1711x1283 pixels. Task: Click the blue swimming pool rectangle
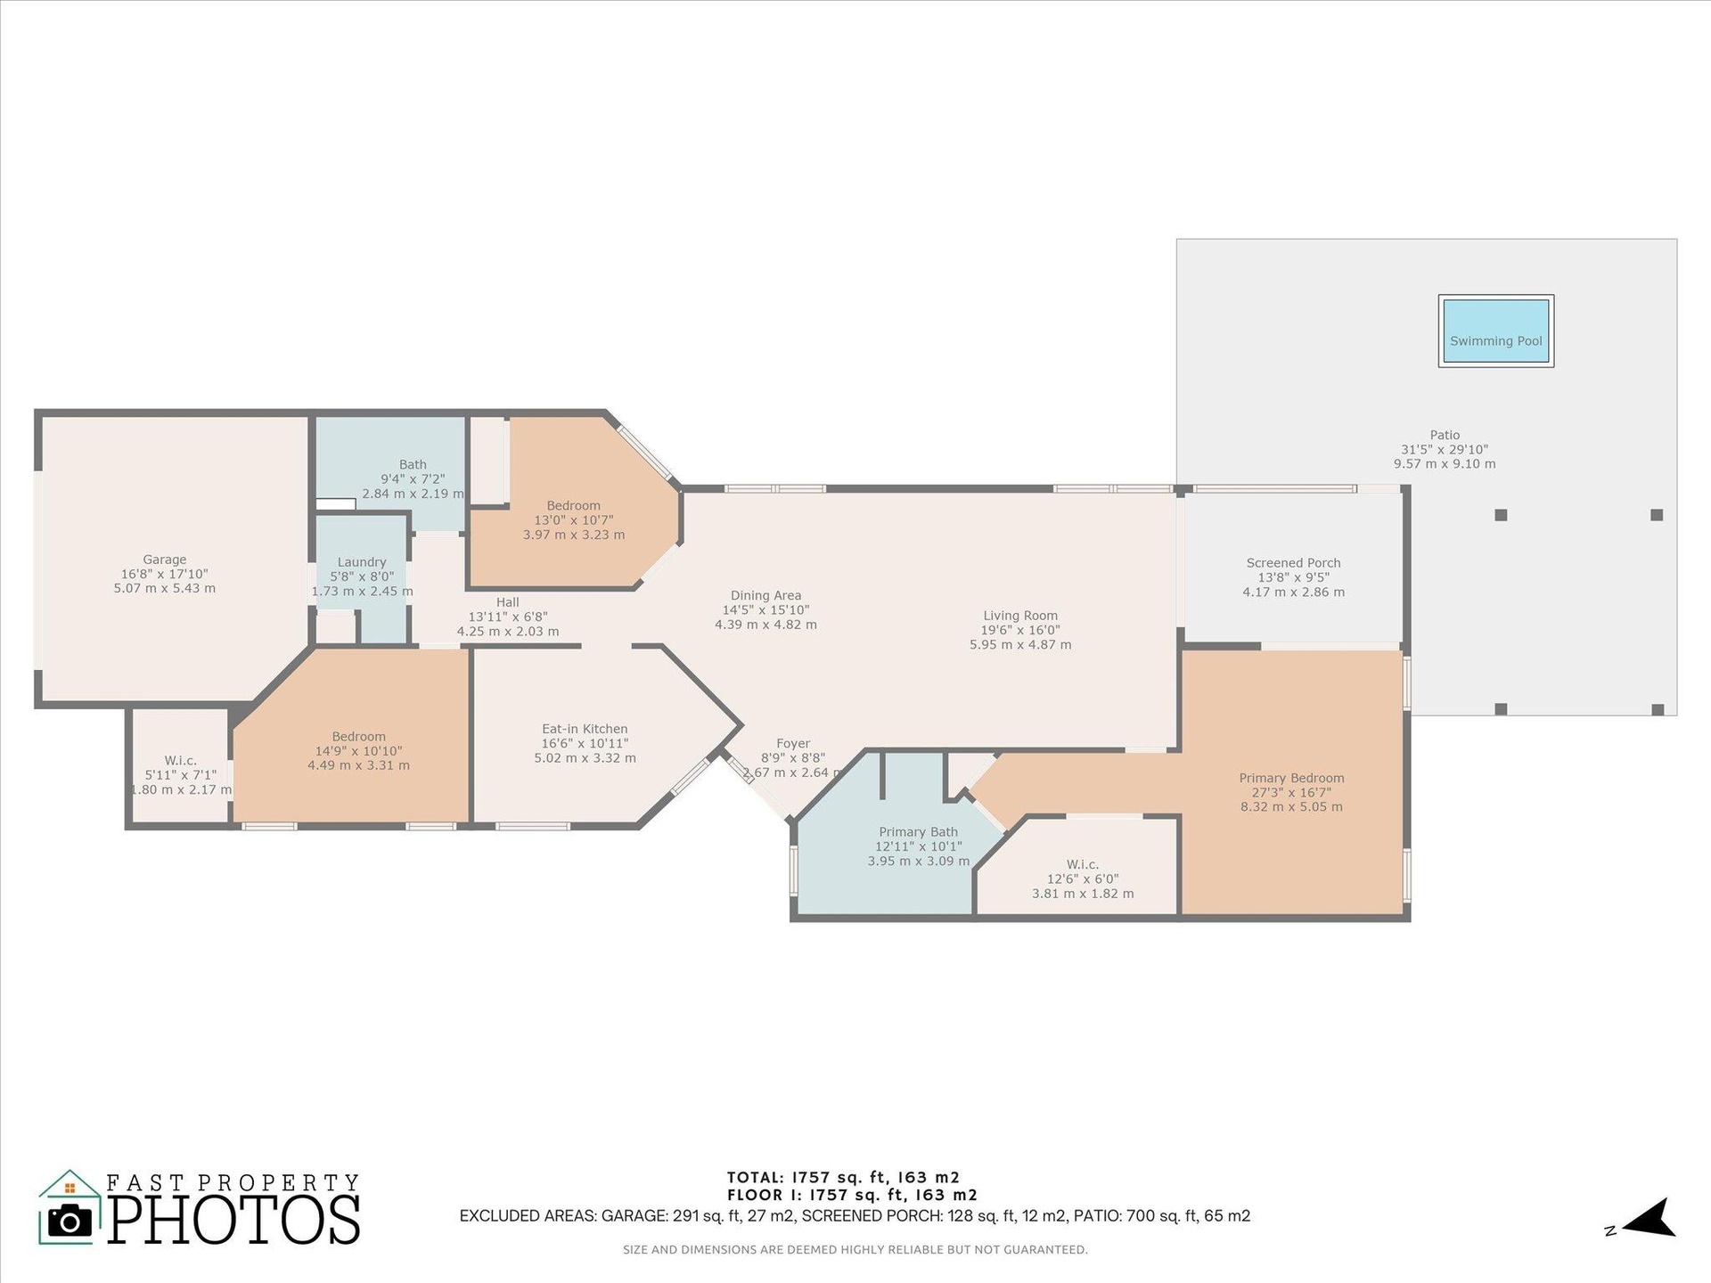pyautogui.click(x=1495, y=331)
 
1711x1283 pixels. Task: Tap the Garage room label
pyautogui.click(x=165, y=560)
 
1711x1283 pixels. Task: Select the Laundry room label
pyautogui.click(x=362, y=562)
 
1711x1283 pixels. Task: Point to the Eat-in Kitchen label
pyautogui.click(x=585, y=729)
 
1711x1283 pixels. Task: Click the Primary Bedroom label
pyautogui.click(x=1291, y=778)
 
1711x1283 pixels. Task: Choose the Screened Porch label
pyautogui.click(x=1293, y=562)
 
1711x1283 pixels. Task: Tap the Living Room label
pyautogui.click(x=1020, y=615)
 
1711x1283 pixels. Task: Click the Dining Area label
pyautogui.click(x=765, y=595)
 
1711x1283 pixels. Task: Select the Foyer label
pyautogui.click(x=793, y=743)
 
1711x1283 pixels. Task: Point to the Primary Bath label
pyautogui.click(x=918, y=832)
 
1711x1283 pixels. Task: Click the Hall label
pyautogui.click(x=507, y=602)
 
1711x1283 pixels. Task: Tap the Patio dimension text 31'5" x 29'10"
pyautogui.click(x=1445, y=450)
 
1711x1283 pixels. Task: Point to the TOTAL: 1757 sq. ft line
pyautogui.click(x=843, y=1177)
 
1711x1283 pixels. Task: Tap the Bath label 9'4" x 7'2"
pyautogui.click(x=413, y=478)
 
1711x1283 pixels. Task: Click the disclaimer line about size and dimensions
pyautogui.click(x=855, y=1250)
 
